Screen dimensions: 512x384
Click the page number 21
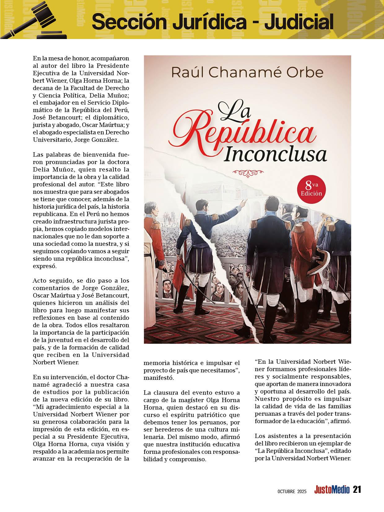357,490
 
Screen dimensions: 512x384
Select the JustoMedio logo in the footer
332,490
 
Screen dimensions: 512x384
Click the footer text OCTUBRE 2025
291,491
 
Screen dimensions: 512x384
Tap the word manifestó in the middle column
159,378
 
